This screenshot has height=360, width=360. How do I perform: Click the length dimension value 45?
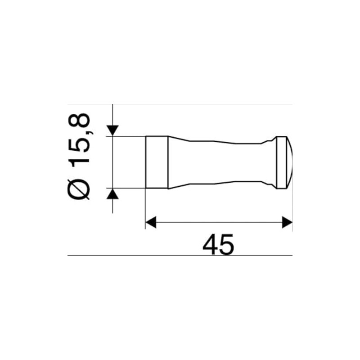[x=218, y=245]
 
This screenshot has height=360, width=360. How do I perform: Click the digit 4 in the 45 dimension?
[x=210, y=245]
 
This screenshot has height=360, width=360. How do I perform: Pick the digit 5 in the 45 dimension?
[x=227, y=245]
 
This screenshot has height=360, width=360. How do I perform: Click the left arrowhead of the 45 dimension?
[x=151, y=222]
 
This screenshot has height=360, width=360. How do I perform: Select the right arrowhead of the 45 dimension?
[x=287, y=222]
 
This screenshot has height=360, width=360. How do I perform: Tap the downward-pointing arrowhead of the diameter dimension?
[x=112, y=130]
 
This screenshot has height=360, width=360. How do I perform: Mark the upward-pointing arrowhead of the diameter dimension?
[x=112, y=194]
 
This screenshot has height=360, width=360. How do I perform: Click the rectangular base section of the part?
[x=157, y=162]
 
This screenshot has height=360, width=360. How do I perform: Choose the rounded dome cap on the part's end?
[x=288, y=162]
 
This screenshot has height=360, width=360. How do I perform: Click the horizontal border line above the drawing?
[x=180, y=104]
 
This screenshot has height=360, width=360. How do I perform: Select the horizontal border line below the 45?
[x=180, y=255]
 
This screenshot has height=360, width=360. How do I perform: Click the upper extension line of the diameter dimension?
[x=128, y=136]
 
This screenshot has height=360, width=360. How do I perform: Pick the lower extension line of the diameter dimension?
[x=128, y=188]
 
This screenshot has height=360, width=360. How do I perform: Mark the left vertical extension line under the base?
[x=145, y=207]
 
